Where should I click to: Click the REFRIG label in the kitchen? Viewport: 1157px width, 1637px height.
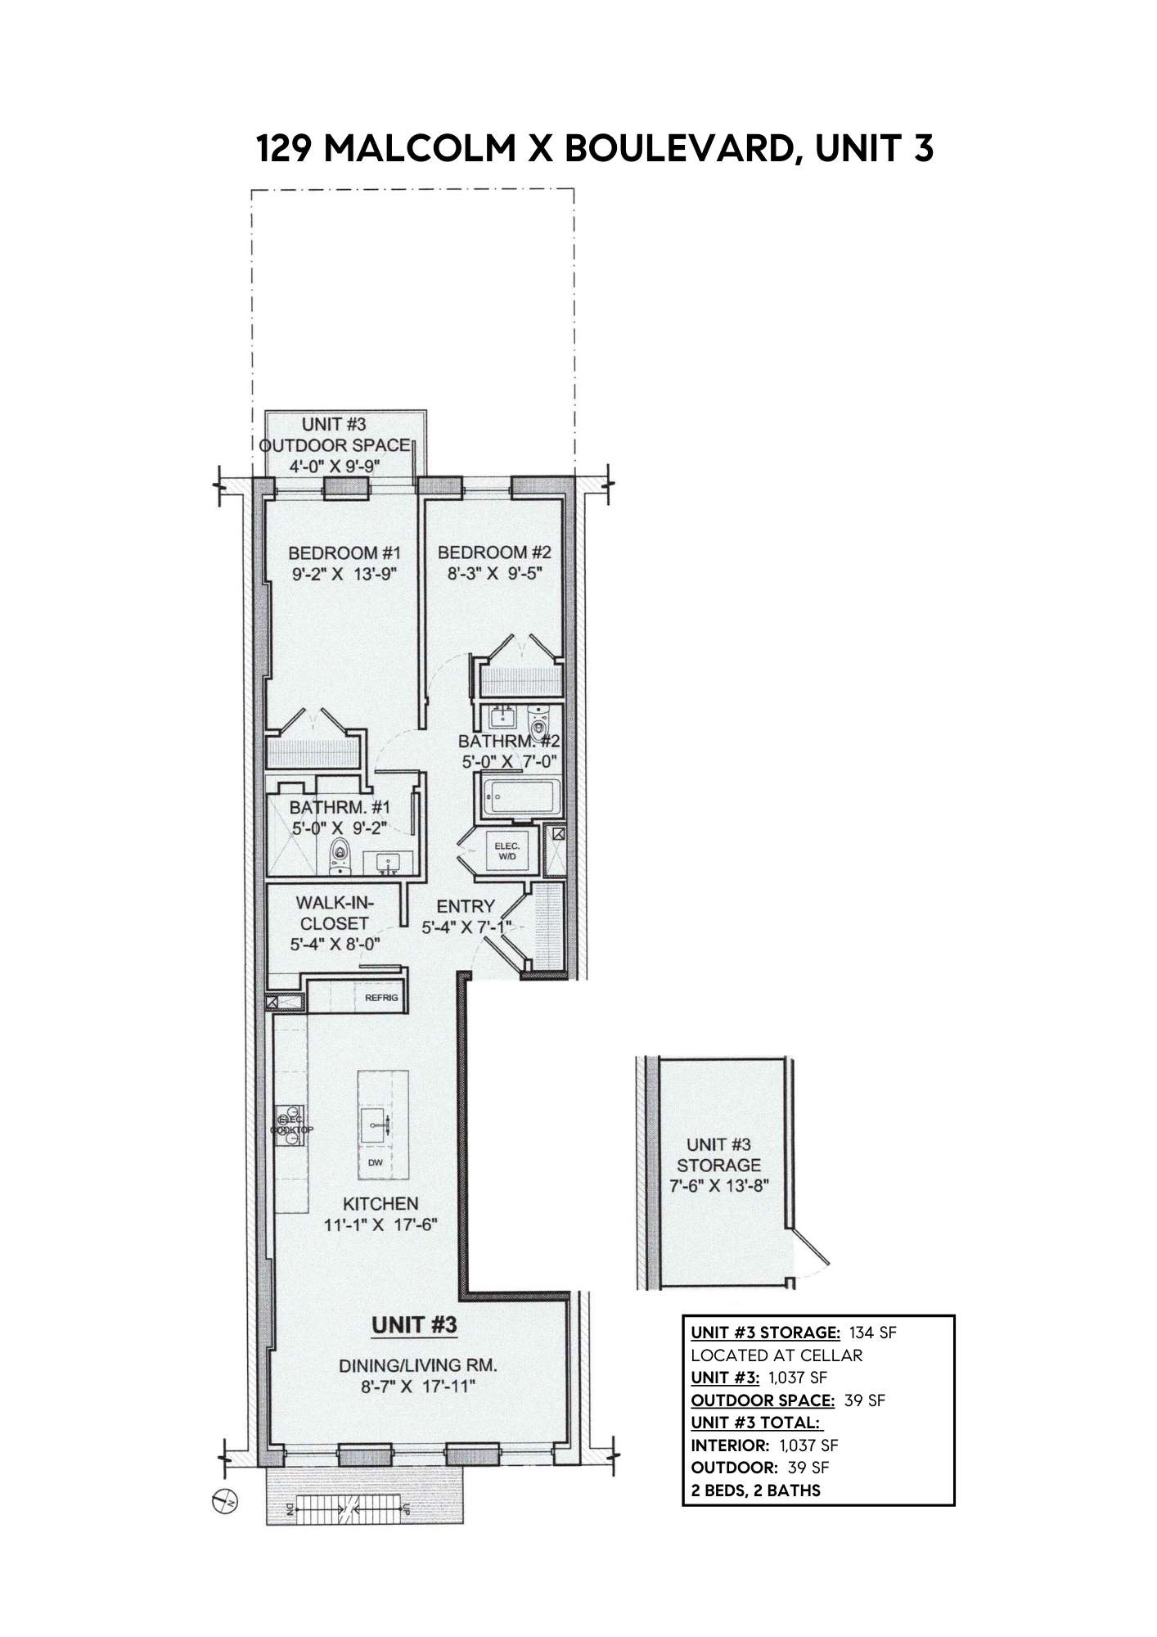tap(381, 998)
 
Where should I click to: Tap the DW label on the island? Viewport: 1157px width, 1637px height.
tap(375, 1161)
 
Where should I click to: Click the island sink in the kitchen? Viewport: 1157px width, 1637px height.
tap(378, 1125)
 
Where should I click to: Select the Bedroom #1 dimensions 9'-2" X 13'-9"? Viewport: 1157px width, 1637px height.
tap(344, 574)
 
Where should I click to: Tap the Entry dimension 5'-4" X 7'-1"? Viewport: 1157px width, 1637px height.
tap(466, 927)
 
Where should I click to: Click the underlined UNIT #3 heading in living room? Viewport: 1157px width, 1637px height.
tap(414, 1324)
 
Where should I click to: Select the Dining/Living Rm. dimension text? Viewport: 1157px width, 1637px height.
tap(418, 1387)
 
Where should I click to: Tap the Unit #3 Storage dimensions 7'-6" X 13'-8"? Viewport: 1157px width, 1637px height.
tap(718, 1186)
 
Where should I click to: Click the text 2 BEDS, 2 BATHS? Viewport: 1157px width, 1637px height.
tap(755, 1490)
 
